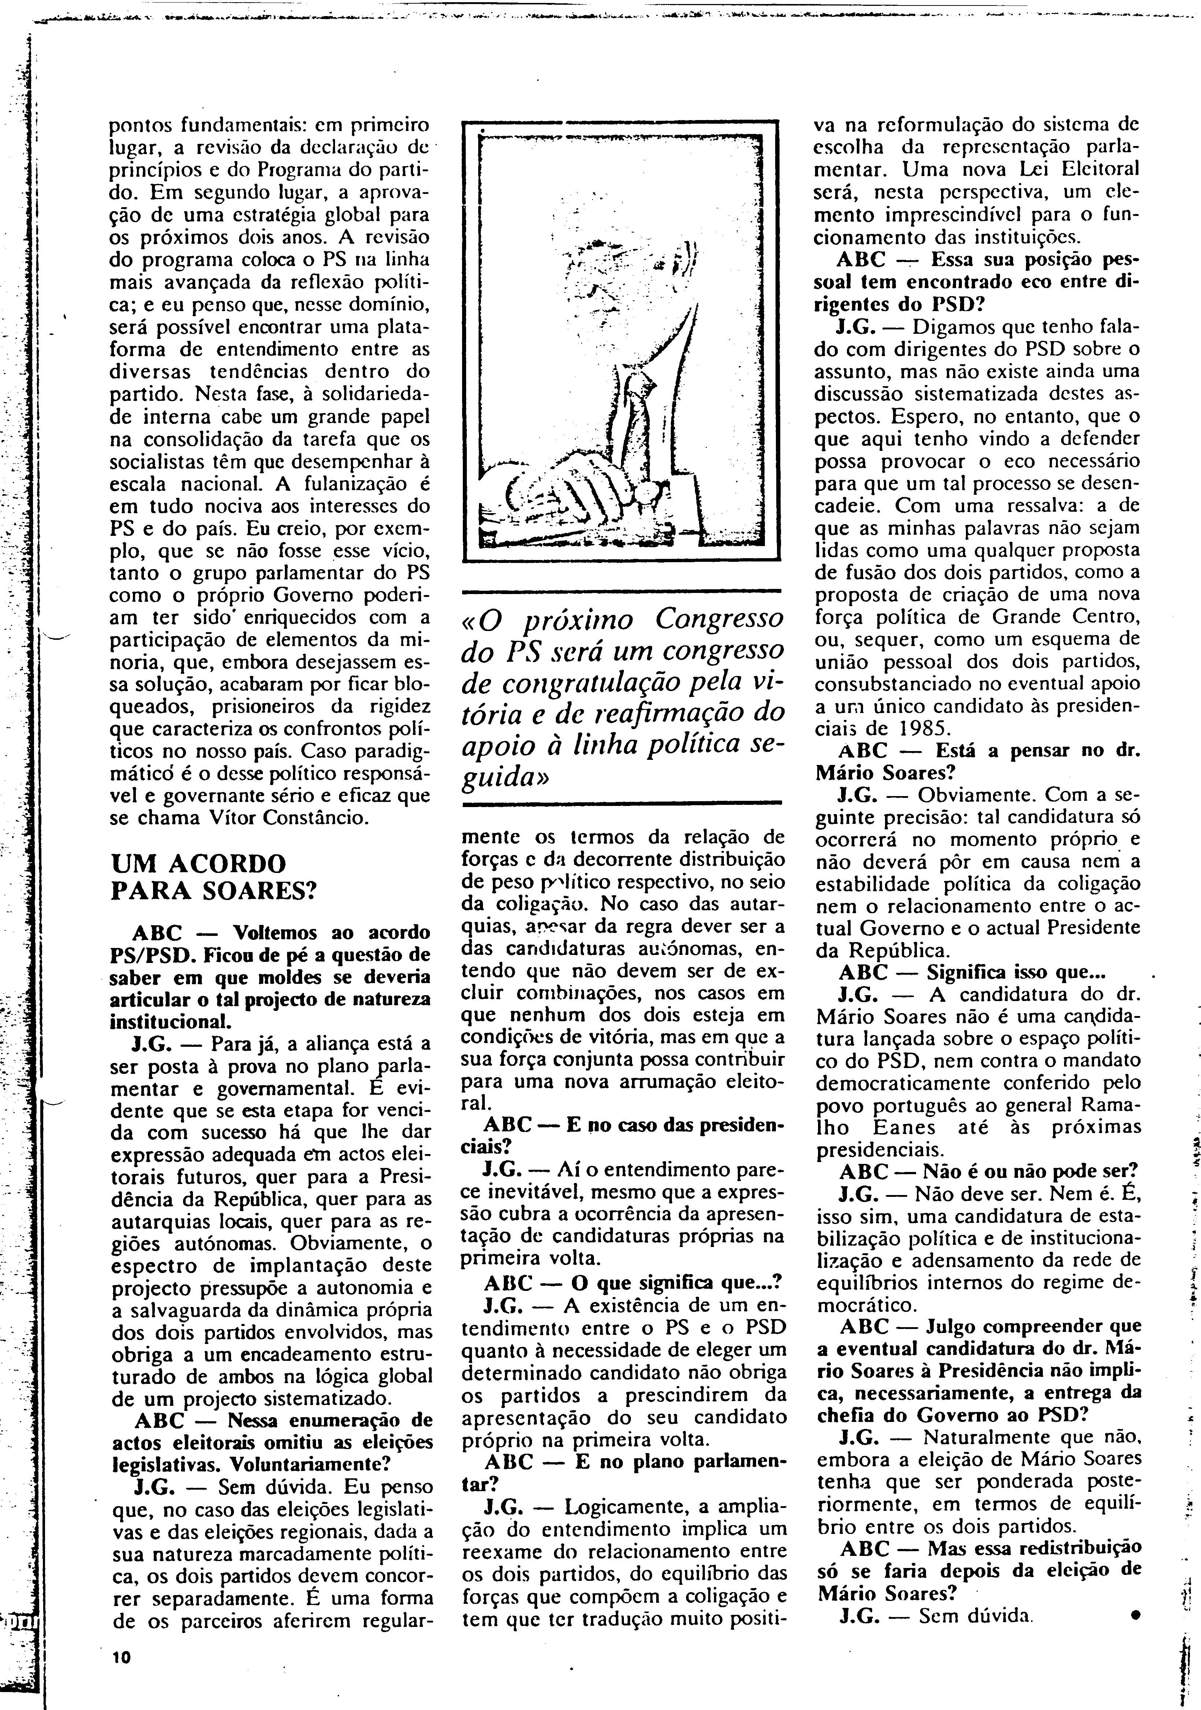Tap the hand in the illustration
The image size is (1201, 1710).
581,492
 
